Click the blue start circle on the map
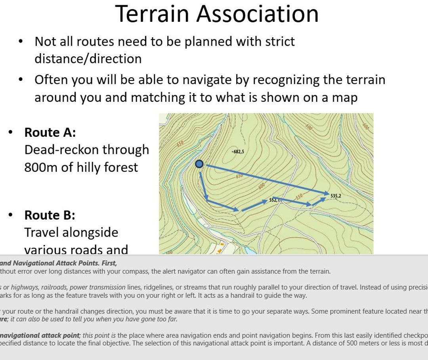199,164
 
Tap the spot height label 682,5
238,152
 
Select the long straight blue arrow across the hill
266,179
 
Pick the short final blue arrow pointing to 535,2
319,201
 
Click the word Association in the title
257,14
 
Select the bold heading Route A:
50,132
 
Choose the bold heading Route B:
50,215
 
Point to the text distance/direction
88,59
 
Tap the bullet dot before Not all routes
21,42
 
